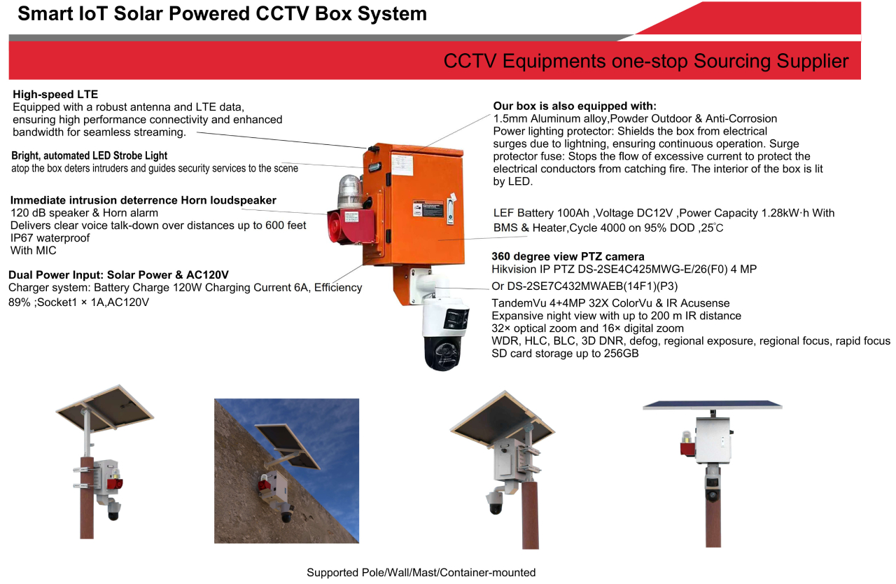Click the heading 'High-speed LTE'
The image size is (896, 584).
[x=55, y=95]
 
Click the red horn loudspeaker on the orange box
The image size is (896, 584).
[x=350, y=226]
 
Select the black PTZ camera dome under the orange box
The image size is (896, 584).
[x=442, y=353]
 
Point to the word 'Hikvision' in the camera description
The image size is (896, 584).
[x=514, y=269]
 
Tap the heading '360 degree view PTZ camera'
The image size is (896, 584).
[x=568, y=256]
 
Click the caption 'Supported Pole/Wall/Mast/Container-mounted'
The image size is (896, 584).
[x=421, y=572]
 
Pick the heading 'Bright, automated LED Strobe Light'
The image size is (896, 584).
[x=89, y=155]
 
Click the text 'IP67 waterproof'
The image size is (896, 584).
[x=50, y=238]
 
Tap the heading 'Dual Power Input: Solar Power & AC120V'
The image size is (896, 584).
[x=118, y=274]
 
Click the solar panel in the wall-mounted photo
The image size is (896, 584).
[x=287, y=446]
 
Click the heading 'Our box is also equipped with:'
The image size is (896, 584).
[x=575, y=106]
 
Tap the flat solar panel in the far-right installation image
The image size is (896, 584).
[x=712, y=405]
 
